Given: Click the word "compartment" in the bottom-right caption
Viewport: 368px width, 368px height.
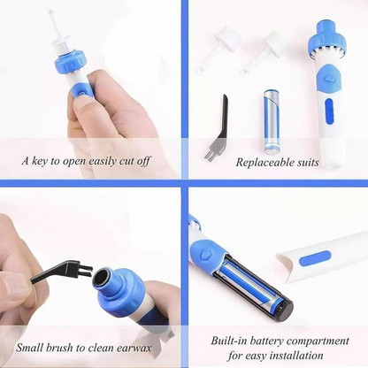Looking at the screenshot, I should [310, 339].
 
